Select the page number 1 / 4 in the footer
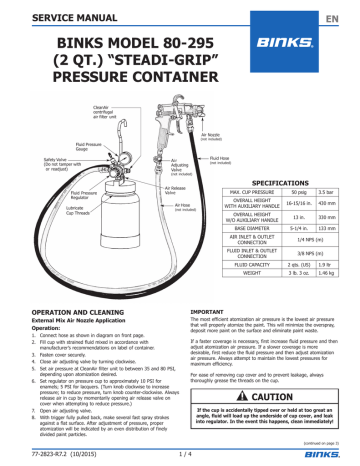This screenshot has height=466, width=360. point(181,453)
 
